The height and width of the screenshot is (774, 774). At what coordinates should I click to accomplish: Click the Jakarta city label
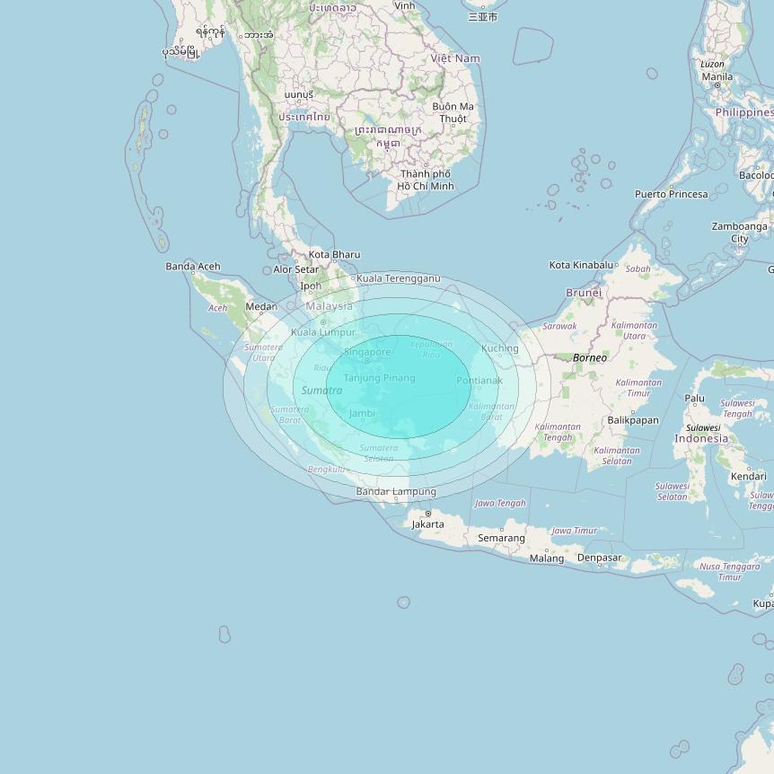pos(428,524)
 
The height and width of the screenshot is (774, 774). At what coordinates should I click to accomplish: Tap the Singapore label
pos(367,352)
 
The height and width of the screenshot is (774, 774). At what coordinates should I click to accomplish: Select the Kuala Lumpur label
pos(323,332)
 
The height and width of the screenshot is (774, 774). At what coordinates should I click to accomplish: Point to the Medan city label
pos(261,307)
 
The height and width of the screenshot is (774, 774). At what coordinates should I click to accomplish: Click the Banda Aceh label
pos(193,267)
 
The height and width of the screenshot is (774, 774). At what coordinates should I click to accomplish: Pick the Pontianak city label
pos(479,381)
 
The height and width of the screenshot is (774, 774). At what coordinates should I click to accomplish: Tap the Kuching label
pos(500,348)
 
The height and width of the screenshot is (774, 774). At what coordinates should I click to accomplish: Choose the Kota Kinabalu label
pos(581,265)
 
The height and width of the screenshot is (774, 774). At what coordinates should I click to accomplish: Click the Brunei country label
pos(584,293)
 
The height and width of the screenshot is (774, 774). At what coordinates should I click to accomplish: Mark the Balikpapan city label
pos(633,420)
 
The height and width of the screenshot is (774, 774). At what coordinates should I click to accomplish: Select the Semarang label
pos(501,539)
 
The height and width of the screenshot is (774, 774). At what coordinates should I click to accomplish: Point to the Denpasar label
pos(599,558)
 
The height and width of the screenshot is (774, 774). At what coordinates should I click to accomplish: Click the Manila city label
pos(717,77)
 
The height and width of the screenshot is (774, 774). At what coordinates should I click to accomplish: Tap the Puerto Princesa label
pos(671,194)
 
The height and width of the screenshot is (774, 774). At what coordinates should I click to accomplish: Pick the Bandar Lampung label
pos(396,492)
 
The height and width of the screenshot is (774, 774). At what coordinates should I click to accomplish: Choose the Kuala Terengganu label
pos(399,278)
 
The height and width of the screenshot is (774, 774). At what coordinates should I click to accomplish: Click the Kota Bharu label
pos(334,255)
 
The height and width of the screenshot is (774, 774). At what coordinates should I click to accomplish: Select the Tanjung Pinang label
pos(380,378)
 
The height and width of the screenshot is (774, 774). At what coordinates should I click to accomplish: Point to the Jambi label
pos(362,414)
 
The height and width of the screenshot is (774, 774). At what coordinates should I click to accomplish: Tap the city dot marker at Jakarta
pos(427,514)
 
